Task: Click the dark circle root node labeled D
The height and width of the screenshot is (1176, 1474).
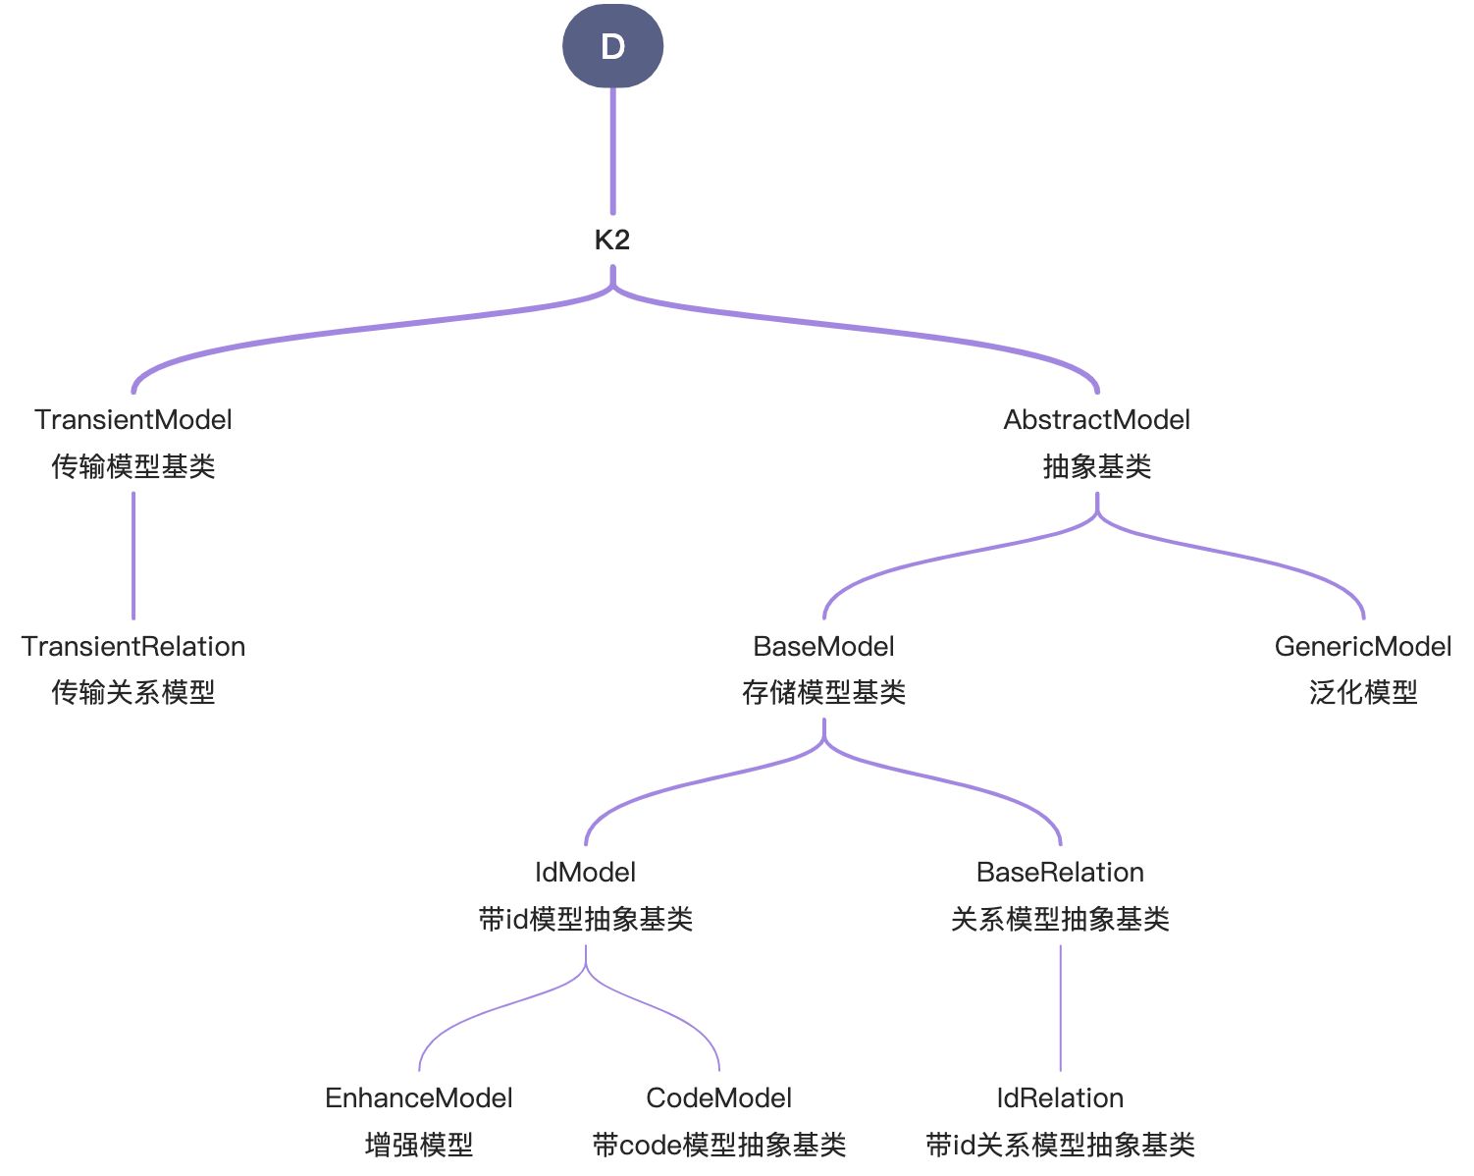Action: click(612, 46)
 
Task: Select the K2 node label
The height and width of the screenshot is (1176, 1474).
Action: click(612, 240)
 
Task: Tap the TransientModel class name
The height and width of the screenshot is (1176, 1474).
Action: click(133, 420)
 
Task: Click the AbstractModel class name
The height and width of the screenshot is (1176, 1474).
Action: click(1096, 420)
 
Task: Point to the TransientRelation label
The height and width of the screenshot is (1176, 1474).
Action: click(133, 647)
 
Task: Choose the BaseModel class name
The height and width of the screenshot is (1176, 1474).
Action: click(823, 647)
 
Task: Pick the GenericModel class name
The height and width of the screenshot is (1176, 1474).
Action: click(1362, 647)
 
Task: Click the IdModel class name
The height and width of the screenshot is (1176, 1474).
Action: click(585, 873)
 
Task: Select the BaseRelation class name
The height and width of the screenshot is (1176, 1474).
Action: click(1060, 873)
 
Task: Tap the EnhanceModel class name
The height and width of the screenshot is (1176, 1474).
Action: click(418, 1098)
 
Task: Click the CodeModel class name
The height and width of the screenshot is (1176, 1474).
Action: click(718, 1098)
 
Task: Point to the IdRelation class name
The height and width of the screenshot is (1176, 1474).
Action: click(1060, 1098)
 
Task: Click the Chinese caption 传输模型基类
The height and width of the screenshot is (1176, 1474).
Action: click(133, 466)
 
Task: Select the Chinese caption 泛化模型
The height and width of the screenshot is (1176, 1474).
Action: click(1362, 693)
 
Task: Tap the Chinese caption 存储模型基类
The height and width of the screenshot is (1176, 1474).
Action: click(823, 693)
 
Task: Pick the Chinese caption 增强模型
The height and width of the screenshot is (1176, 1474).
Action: click(418, 1145)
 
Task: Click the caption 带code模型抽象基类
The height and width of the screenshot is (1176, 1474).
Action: click(718, 1145)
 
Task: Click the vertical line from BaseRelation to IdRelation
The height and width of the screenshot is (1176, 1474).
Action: click(1060, 1007)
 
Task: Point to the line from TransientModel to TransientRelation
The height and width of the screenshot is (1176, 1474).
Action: click(133, 556)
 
